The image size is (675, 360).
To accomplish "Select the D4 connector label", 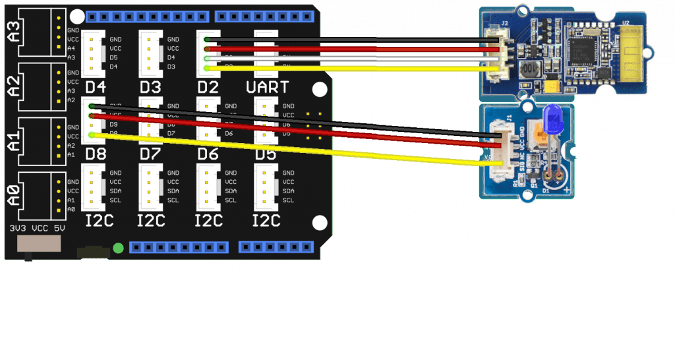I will [96, 87].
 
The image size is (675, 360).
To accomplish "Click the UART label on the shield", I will [267, 87].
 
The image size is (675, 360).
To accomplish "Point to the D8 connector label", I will [96, 153].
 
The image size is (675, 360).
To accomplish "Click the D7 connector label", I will [151, 153].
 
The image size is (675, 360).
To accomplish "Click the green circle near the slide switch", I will [118, 248].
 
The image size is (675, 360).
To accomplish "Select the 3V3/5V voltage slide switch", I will [38, 244].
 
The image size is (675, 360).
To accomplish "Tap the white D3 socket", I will [150, 53].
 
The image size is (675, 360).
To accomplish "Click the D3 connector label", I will [151, 87].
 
